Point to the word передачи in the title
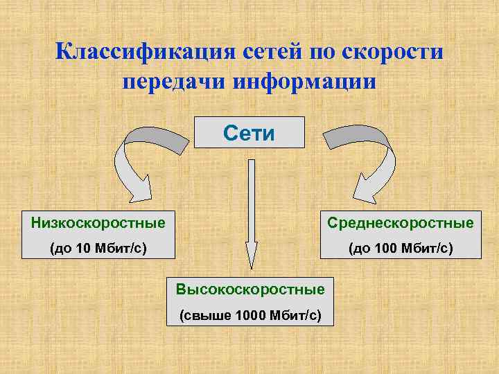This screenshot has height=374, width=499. point(175,80)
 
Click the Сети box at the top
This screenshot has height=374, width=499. point(249,132)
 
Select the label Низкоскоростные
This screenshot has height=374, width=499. point(98,223)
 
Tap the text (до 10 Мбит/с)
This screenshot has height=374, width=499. point(98,247)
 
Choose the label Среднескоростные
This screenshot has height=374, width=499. point(401,223)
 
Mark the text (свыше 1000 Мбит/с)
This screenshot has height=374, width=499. point(249,316)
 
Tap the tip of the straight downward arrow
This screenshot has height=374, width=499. point(251,267)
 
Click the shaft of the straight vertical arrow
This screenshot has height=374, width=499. point(251,201)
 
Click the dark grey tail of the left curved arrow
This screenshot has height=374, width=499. point(173,139)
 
